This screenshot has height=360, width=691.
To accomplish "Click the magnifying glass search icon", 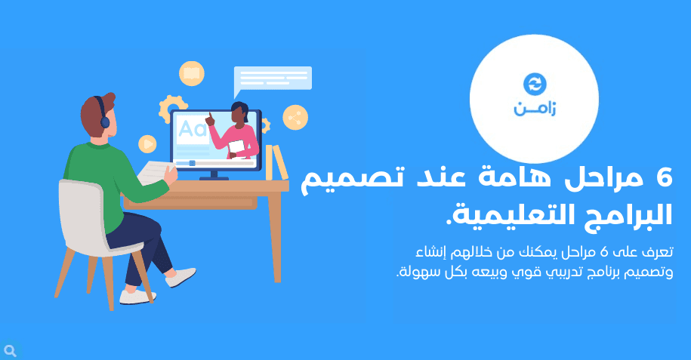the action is click(10, 351).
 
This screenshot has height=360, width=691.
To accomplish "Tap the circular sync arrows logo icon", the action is click(535, 85).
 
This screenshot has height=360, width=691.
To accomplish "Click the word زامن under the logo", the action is click(535, 109).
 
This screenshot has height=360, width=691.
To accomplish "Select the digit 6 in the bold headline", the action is click(664, 177).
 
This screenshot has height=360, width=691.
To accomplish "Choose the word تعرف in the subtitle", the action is click(656, 252).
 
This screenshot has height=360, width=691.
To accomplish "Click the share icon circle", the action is click(295, 117).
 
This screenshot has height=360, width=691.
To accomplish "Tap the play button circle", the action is click(147, 143).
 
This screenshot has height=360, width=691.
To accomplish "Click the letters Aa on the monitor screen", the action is click(193, 129).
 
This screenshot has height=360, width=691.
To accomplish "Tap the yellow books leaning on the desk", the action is click(276, 162).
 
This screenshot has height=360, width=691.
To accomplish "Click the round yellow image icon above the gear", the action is click(192, 73).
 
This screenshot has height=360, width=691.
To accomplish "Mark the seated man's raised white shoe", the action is click(181, 277).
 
